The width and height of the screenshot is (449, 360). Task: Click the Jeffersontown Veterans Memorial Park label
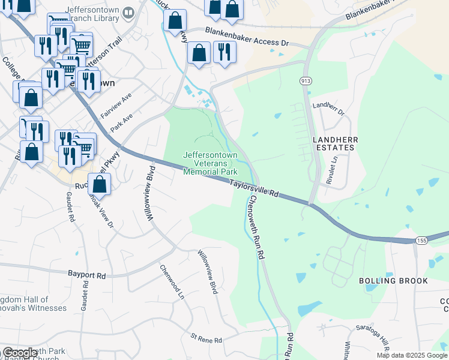pyautogui.click(x=210, y=163)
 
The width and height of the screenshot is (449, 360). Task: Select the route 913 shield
pyautogui.click(x=306, y=81)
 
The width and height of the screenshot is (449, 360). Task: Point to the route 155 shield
pyautogui.click(x=421, y=240)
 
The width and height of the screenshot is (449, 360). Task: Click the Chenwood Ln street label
pyautogui.click(x=171, y=282)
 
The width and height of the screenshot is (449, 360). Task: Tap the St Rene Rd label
pyautogui.click(x=206, y=340)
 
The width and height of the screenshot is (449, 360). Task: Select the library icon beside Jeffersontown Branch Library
pyautogui.click(x=128, y=13)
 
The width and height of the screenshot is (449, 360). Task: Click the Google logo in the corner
pyautogui.click(x=20, y=353)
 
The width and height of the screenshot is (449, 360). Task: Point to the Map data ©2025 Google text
pyautogui.click(x=412, y=355)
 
